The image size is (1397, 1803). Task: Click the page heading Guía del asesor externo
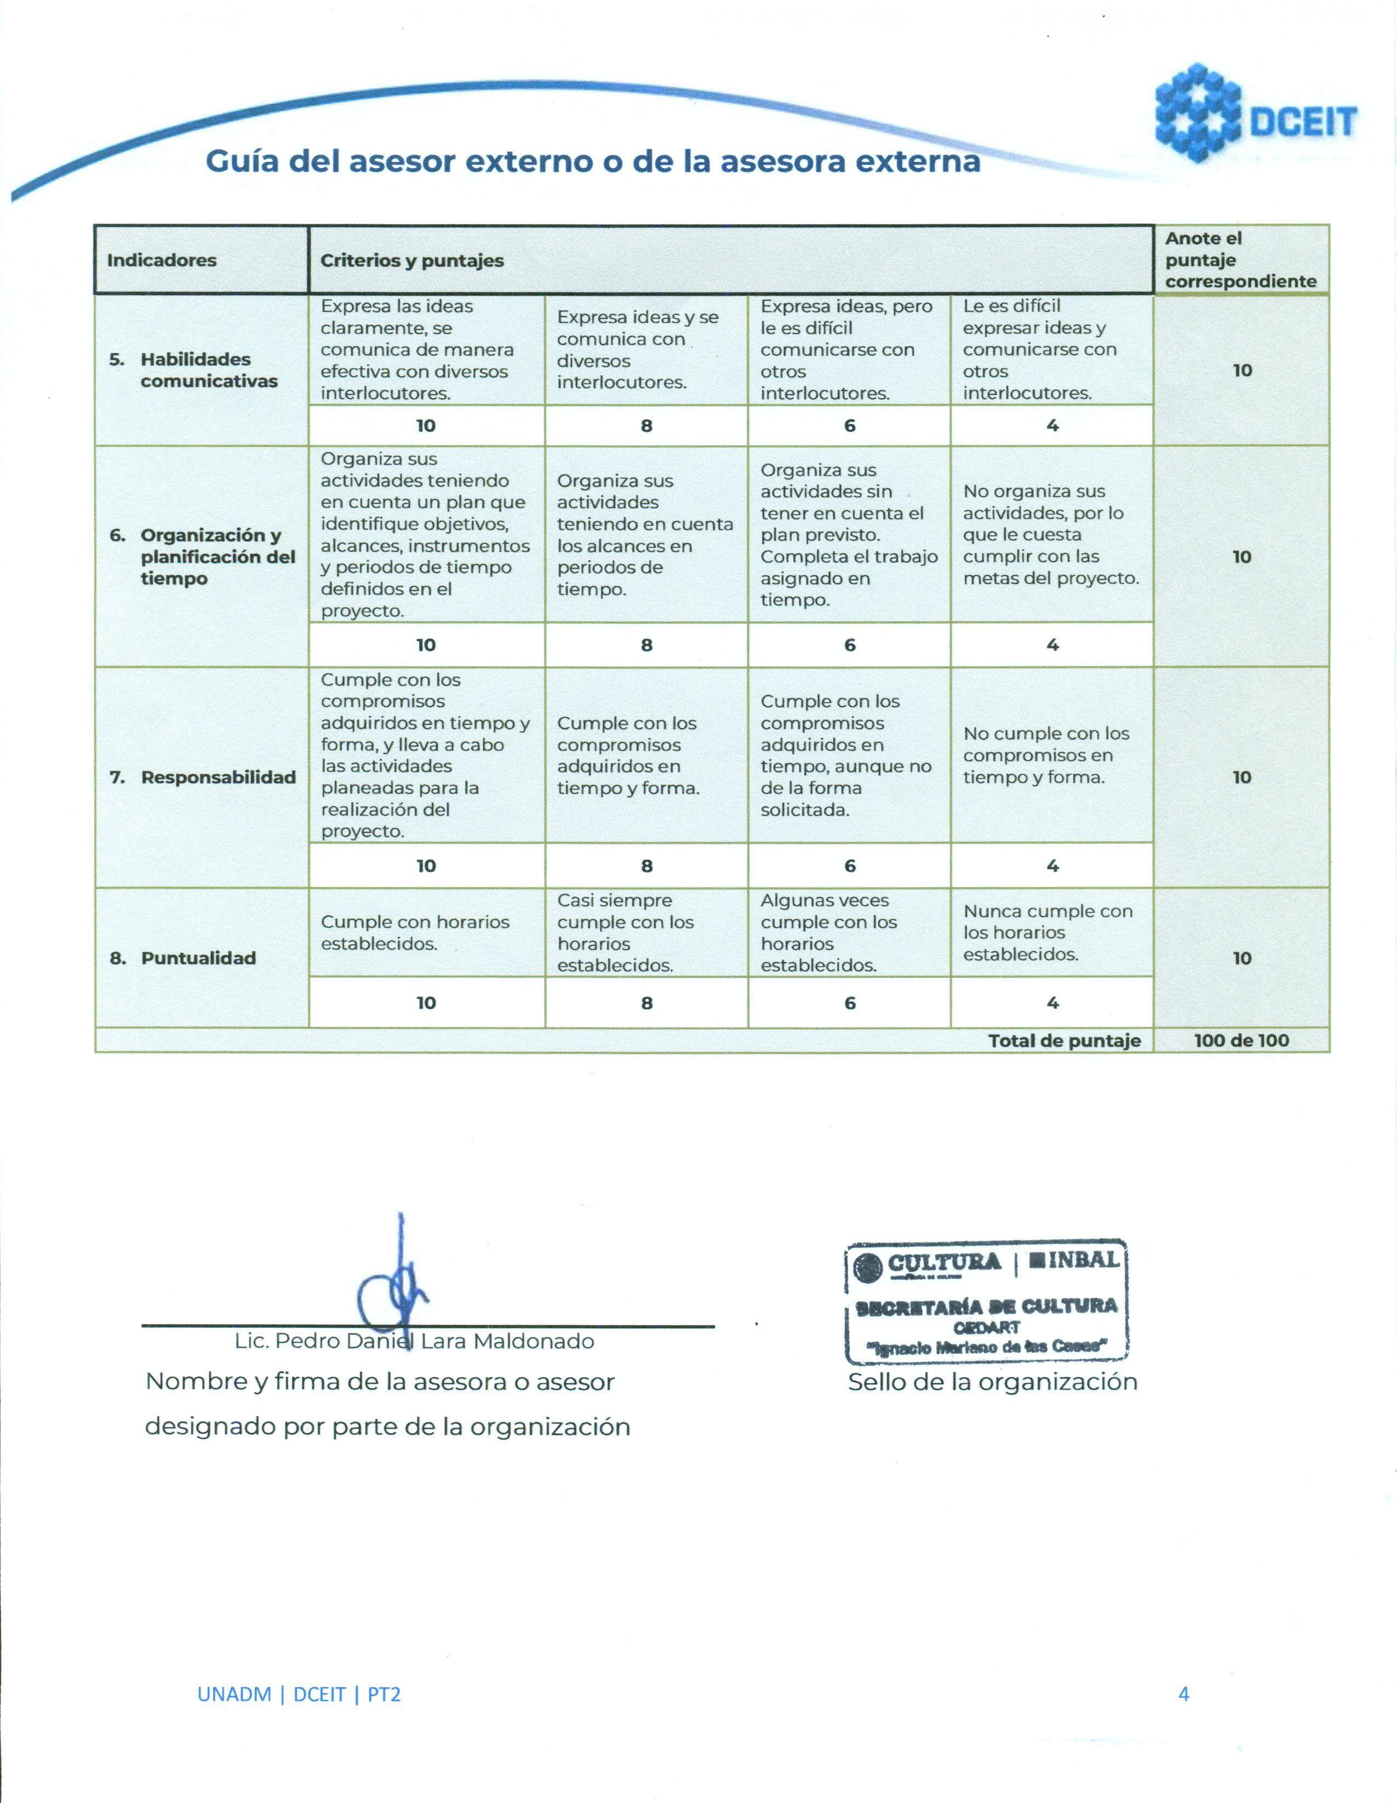592,161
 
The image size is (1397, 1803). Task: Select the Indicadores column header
162,260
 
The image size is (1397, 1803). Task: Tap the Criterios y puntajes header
412,261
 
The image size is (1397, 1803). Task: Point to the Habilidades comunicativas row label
208,370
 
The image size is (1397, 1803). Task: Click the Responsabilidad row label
218,777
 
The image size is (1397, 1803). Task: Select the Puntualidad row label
198,958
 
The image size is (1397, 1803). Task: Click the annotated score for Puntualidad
1242,958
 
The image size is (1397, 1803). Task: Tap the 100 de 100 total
1241,1040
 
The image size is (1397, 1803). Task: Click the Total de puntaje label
1064,1040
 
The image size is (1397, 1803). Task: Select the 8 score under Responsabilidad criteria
646,865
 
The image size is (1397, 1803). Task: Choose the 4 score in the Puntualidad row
1052,1002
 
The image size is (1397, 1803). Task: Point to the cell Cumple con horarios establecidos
415,933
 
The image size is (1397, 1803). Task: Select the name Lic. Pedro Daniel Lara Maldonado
415,1341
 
